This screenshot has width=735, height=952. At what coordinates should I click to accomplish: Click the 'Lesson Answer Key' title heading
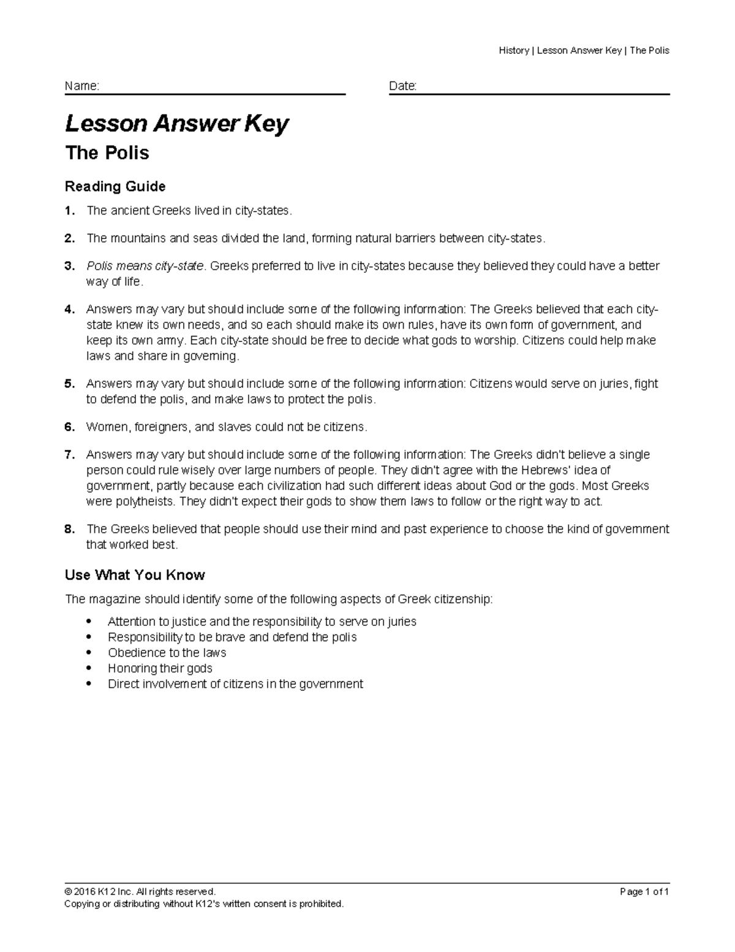tap(176, 124)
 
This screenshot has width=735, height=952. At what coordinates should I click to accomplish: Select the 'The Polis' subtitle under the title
tap(107, 153)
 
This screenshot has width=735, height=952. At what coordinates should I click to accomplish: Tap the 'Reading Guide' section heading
tap(115, 186)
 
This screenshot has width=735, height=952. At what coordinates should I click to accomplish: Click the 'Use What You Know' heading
tap(135, 575)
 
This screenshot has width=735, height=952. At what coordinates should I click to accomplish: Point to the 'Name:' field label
tap(82, 86)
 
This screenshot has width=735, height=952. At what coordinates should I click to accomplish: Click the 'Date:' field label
tap(402, 86)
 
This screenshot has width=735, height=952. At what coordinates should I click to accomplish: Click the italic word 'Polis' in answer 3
tap(100, 266)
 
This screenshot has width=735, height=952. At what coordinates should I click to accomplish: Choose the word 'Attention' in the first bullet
tap(130, 622)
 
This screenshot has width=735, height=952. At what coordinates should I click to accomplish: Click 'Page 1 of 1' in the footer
tap(644, 892)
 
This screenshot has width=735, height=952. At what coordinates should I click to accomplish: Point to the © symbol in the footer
tap(68, 892)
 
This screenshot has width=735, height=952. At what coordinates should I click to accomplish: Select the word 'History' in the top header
tap(514, 50)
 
